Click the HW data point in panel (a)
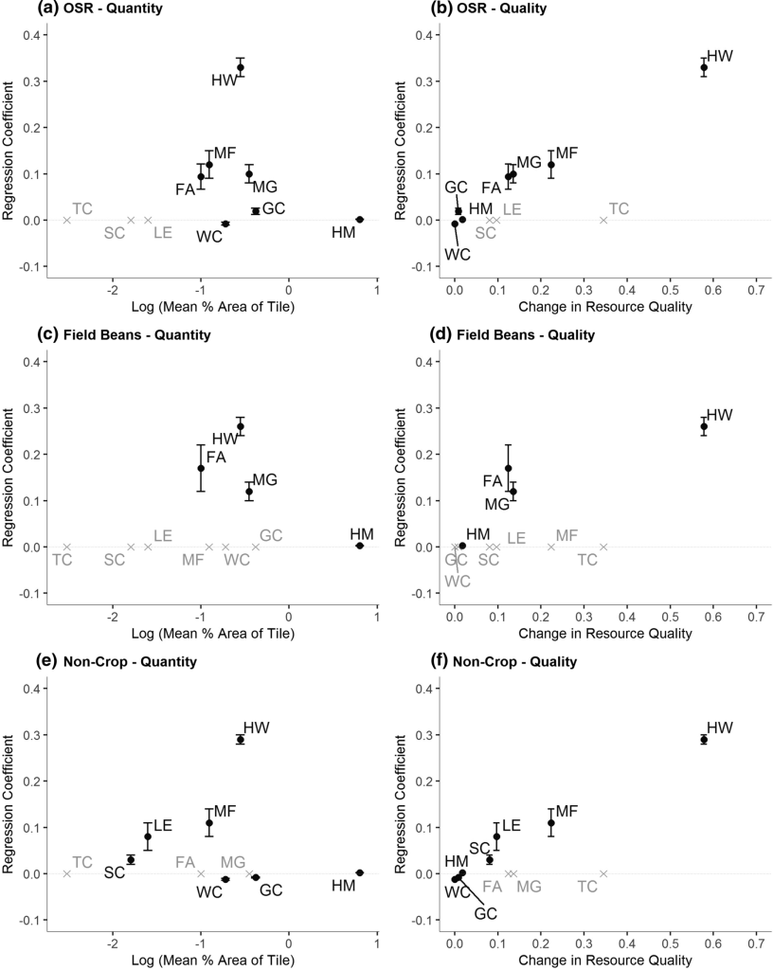[241, 67]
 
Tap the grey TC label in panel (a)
[82, 208]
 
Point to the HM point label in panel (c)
[360, 534]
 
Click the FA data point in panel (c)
[201, 468]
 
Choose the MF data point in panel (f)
[550, 822]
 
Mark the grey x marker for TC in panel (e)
[66, 873]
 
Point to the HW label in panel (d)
[720, 415]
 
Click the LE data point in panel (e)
[148, 836]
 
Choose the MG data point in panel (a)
[249, 174]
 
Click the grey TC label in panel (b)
[619, 208]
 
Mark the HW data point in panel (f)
[704, 739]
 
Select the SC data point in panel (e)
[131, 859]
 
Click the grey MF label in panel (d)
[566, 536]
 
